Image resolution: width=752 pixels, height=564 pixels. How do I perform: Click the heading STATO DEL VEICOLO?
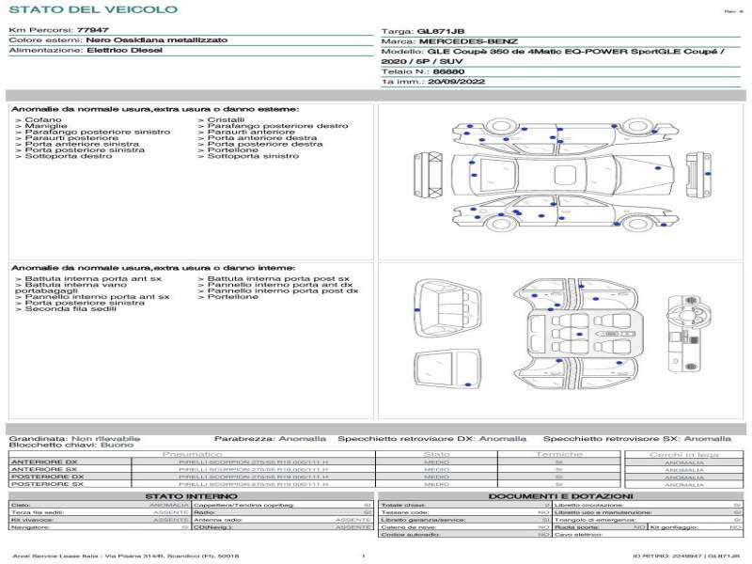pyautogui.click(x=92, y=9)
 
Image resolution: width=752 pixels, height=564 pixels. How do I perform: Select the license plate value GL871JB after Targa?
pyautogui.click(x=437, y=31)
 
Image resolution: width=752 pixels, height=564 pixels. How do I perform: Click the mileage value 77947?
pyautogui.click(x=92, y=31)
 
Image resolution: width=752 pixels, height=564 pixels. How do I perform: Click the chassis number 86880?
pyautogui.click(x=447, y=71)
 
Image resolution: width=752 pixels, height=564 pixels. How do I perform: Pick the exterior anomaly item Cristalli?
pyautogui.click(x=226, y=120)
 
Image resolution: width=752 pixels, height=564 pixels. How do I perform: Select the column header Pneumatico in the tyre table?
pyautogui.click(x=193, y=454)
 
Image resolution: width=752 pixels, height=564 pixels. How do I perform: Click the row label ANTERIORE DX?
pyautogui.click(x=44, y=462)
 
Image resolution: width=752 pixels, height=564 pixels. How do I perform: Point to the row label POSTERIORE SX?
pyautogui.click(x=46, y=485)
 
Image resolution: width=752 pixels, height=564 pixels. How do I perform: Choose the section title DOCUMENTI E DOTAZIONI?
pyautogui.click(x=560, y=496)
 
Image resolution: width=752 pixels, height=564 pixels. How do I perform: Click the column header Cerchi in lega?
pyautogui.click(x=683, y=454)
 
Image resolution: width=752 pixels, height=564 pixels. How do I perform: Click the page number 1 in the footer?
pyautogui.click(x=363, y=556)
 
